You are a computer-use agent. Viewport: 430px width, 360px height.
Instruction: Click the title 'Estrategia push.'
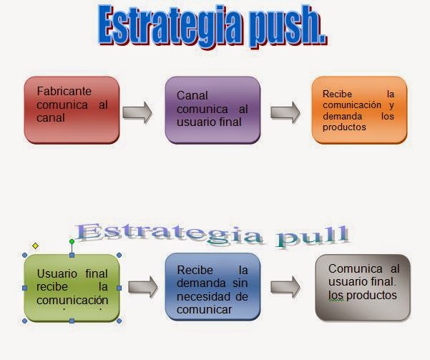point(211,26)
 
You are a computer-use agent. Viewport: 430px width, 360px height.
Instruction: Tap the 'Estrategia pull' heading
point(212,233)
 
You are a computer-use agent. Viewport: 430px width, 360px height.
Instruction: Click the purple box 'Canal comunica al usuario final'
point(212,110)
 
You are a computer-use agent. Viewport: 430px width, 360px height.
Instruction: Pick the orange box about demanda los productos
point(359,109)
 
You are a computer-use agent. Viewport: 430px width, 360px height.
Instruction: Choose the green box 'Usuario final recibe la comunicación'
point(72,287)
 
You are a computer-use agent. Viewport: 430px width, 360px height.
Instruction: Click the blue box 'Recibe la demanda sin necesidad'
point(212,287)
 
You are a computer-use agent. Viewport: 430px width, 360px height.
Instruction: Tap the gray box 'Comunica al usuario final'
point(363,286)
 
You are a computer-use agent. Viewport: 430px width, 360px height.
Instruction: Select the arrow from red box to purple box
point(137,112)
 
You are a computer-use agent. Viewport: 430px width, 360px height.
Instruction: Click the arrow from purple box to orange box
point(285,112)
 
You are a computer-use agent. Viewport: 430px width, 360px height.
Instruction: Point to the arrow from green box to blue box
point(142,287)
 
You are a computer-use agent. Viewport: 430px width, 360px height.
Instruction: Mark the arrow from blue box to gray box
point(285,286)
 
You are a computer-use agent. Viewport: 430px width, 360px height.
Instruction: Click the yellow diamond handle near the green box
point(35,245)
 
